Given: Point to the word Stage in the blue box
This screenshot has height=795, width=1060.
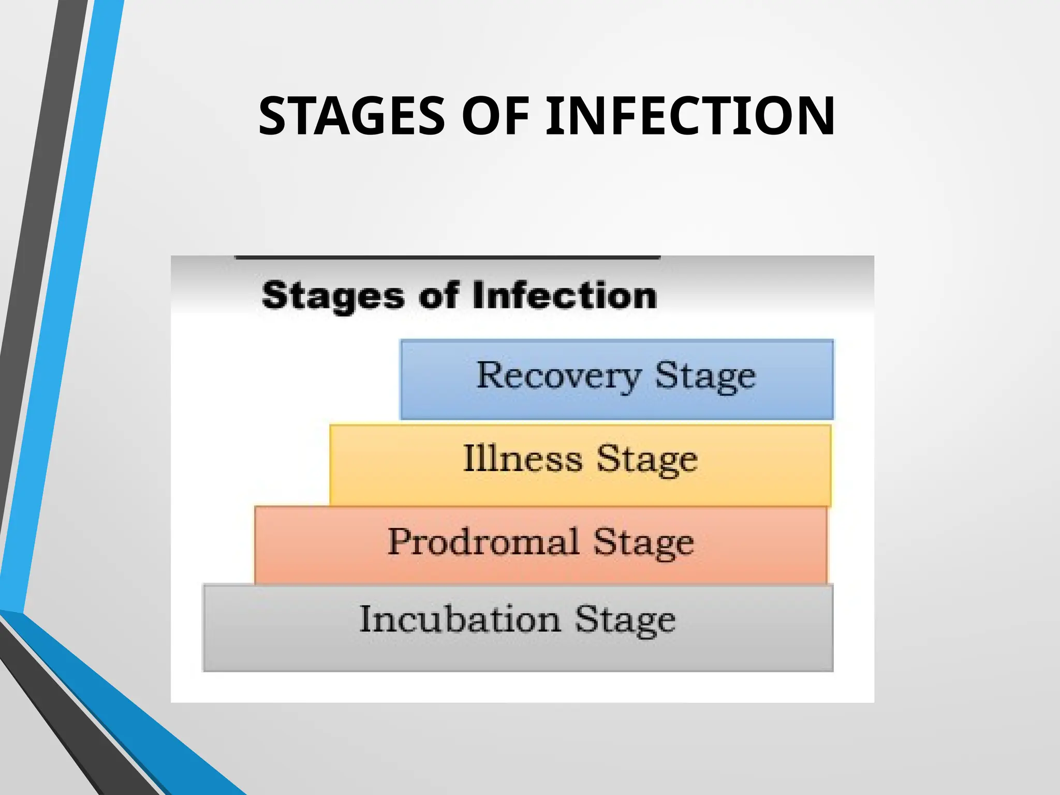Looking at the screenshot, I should pyautogui.click(x=705, y=377).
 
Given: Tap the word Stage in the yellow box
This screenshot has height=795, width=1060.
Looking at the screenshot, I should pyautogui.click(x=647, y=460).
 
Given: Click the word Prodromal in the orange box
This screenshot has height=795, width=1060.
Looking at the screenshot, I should pyautogui.click(x=483, y=542).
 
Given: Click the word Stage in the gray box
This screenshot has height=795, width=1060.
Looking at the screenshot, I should pyautogui.click(x=625, y=621).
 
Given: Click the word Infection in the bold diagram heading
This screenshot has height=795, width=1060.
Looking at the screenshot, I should pyautogui.click(x=565, y=296).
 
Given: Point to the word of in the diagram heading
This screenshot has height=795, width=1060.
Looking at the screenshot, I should pyautogui.click(x=438, y=296).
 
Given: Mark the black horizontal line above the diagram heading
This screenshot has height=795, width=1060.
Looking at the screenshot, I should pyautogui.click(x=447, y=257).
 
